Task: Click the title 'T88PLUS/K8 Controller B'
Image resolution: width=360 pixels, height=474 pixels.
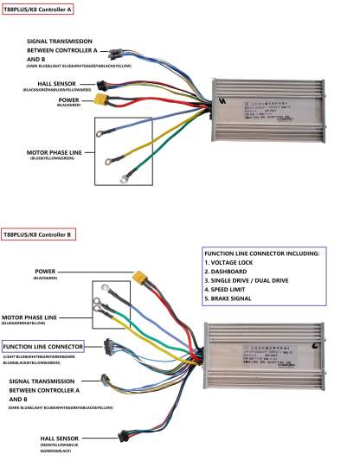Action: point(38,234)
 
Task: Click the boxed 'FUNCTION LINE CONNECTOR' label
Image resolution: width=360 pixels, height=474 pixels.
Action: point(54,347)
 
